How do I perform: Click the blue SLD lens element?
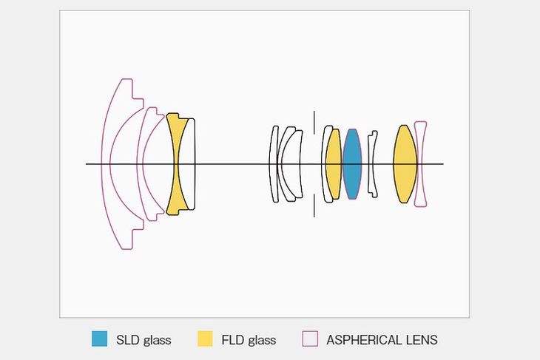coord(351,164)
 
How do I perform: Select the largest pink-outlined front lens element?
coord(107,164)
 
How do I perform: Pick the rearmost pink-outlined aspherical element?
coord(420,164)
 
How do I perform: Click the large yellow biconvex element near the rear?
coord(405,164)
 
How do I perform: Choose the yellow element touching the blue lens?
coord(334,164)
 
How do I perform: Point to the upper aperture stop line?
coord(314,123)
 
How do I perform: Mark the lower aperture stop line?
coord(314,206)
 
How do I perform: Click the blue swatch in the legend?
coord(100,339)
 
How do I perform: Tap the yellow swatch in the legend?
coord(205,339)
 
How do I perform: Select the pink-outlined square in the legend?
coord(310,339)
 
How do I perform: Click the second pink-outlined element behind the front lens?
coord(141,164)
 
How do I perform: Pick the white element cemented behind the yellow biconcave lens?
coord(191,164)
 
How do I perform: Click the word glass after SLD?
coord(157,341)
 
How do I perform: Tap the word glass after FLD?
coord(262,341)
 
